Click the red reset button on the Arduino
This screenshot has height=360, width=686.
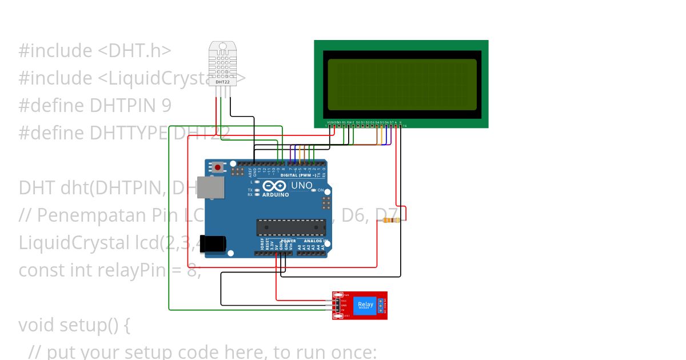coord(218,167)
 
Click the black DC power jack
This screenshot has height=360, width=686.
coord(212,243)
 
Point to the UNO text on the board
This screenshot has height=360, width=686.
coord(302,186)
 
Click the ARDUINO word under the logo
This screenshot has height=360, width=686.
coord(276,195)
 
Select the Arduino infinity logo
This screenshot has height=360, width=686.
coord(275,186)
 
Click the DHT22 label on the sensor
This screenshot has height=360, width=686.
coord(222,82)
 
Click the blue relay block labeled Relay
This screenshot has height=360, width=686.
coord(365,305)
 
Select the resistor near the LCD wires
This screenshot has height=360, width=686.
coord(392,221)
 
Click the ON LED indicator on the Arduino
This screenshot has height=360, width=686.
coord(313,190)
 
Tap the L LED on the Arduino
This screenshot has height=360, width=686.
coord(257,182)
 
